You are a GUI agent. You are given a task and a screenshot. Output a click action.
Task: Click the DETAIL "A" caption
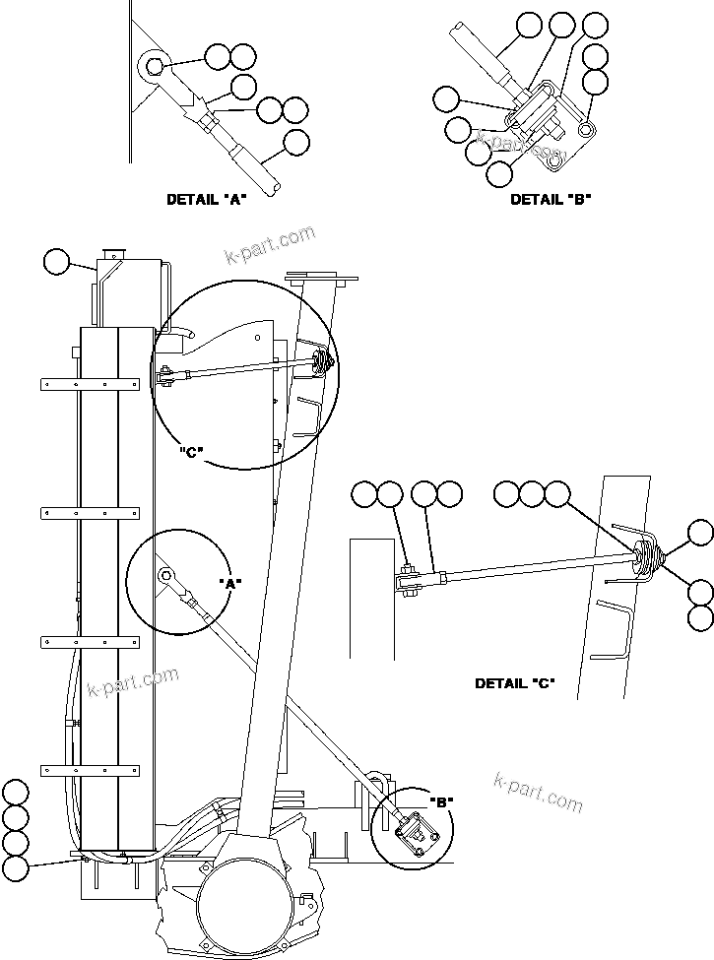pos(206,199)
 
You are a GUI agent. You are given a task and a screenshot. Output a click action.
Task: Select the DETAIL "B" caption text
pos(550,199)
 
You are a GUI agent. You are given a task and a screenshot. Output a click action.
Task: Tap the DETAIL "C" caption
pos(514,683)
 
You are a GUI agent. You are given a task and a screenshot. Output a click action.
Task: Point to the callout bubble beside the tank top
pos(57,261)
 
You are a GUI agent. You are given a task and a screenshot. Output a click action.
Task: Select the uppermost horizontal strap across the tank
pos(89,384)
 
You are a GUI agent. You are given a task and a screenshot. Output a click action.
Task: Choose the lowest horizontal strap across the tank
pos(89,769)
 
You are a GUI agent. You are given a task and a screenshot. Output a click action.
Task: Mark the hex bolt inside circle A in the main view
pos(163,575)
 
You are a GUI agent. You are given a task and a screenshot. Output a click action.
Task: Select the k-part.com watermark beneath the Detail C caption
pos(538,793)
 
